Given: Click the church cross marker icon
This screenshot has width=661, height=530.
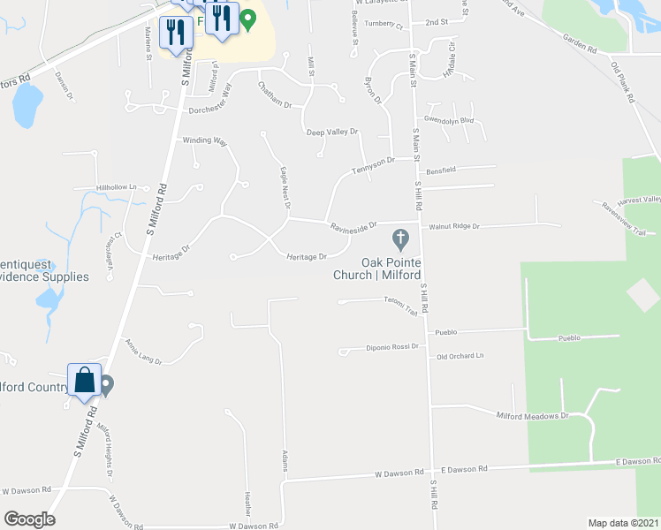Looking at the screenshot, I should (399, 238).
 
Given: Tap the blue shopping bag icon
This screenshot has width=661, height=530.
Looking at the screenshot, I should (84, 381).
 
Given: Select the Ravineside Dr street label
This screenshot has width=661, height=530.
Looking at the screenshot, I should (353, 226).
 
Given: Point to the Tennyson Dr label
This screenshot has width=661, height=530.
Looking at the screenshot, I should (372, 165).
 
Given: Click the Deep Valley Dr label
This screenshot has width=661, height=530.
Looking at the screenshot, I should (331, 132).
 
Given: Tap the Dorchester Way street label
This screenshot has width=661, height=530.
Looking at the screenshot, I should (209, 111).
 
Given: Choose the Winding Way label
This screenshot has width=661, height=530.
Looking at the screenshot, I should (205, 140).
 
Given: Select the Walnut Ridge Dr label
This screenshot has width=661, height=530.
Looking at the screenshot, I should (453, 227).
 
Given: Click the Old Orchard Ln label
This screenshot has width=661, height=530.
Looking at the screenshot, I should (461, 356).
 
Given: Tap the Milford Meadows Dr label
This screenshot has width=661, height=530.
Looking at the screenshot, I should (531, 414).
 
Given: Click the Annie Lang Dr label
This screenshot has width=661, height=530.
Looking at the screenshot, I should (143, 349).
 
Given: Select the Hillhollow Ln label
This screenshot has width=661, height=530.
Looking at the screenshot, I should (117, 187).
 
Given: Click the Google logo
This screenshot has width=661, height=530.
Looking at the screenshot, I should (28, 519).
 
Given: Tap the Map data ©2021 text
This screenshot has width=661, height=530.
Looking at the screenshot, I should (622, 523).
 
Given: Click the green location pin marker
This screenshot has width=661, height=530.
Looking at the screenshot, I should (248, 18).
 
